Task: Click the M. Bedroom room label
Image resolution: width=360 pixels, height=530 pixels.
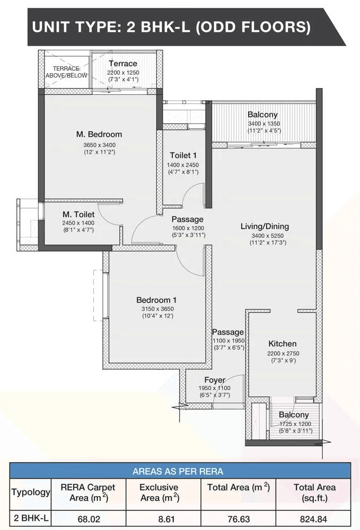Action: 99,134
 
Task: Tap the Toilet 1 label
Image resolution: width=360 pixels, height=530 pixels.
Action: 183,155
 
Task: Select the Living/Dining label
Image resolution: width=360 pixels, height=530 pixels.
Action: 265,226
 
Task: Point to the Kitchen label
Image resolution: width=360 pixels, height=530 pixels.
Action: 282,344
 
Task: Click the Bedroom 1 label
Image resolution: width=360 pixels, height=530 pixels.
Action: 156,300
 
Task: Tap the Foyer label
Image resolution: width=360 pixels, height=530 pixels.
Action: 215,380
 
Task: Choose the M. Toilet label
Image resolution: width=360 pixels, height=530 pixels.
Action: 78,214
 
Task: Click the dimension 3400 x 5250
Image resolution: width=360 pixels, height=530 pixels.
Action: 267,236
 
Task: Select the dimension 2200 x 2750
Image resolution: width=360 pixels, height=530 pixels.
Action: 283,353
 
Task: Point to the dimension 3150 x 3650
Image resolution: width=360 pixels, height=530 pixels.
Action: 157,308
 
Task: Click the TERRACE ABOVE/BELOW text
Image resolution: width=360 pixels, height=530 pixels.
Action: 67,72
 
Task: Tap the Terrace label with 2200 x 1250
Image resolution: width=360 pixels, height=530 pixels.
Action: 123,64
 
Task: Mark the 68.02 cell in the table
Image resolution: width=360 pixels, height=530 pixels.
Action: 89,519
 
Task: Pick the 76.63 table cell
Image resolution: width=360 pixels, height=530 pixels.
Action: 238,519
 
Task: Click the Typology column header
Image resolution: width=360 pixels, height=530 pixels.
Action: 31,492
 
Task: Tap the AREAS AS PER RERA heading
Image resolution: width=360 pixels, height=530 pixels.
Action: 178,471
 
